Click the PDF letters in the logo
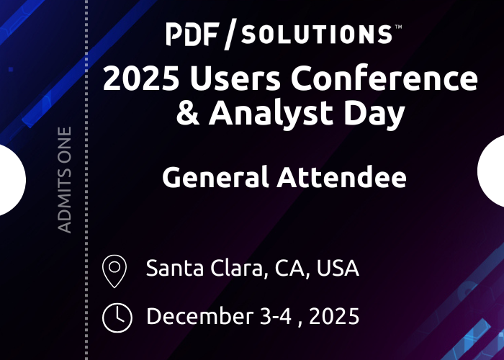click(x=193, y=35)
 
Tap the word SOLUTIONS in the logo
click(x=317, y=35)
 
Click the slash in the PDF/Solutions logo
click(x=230, y=34)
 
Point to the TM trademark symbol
click(x=398, y=27)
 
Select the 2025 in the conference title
click(x=141, y=78)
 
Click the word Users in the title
click(x=235, y=78)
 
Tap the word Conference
click(x=384, y=78)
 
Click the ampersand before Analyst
click(x=188, y=112)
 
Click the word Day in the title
click(x=374, y=114)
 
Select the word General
click(x=215, y=177)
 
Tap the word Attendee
click(x=342, y=177)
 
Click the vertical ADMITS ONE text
click(x=64, y=180)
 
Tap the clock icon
click(x=117, y=318)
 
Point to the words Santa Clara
click(x=204, y=268)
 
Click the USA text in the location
click(x=338, y=268)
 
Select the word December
click(x=200, y=316)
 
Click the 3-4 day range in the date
click(x=276, y=317)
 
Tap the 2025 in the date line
click(x=334, y=317)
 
